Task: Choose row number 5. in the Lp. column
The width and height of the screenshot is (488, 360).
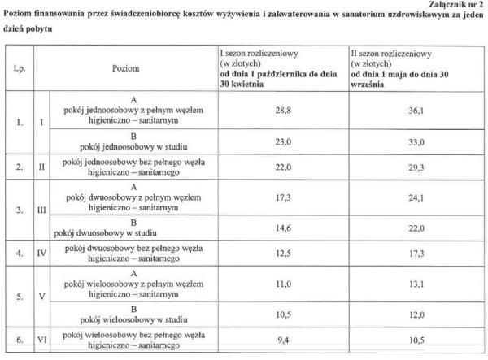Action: tap(20, 297)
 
